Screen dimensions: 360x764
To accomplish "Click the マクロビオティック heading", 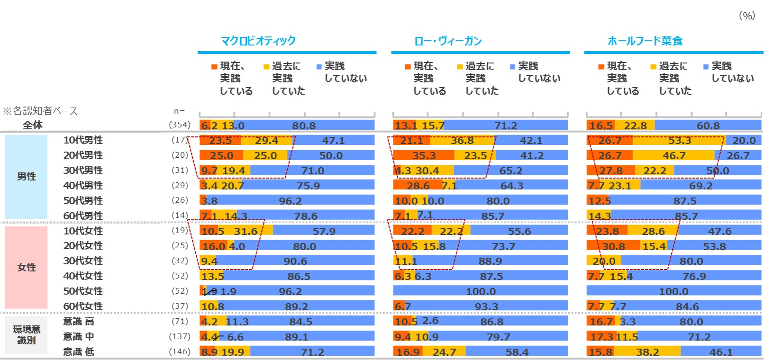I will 258,41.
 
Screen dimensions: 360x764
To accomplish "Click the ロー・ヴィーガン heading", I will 448,41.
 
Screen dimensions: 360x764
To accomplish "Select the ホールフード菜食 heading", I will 645,41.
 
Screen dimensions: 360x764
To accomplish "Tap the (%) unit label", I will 747,16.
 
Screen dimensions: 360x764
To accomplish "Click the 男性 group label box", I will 26,177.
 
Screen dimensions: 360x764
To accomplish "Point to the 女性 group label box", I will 26,268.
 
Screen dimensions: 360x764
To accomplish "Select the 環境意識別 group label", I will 26,335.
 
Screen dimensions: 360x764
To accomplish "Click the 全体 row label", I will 33,125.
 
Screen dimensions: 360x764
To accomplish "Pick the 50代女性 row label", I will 83,291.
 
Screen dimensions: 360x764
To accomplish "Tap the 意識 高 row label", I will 79,321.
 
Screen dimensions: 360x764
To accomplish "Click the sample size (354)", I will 180,125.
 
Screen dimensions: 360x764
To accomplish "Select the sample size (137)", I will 180,336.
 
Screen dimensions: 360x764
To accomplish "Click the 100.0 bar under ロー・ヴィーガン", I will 481,291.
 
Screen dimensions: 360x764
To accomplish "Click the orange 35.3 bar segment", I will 423,156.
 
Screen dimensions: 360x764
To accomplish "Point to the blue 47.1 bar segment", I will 334,141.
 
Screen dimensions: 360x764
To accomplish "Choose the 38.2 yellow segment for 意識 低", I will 647,352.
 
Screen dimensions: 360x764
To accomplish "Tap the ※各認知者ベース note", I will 40,111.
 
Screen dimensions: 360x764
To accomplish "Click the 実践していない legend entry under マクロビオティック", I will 342,72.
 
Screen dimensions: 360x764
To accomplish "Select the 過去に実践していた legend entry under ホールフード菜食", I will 671,78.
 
